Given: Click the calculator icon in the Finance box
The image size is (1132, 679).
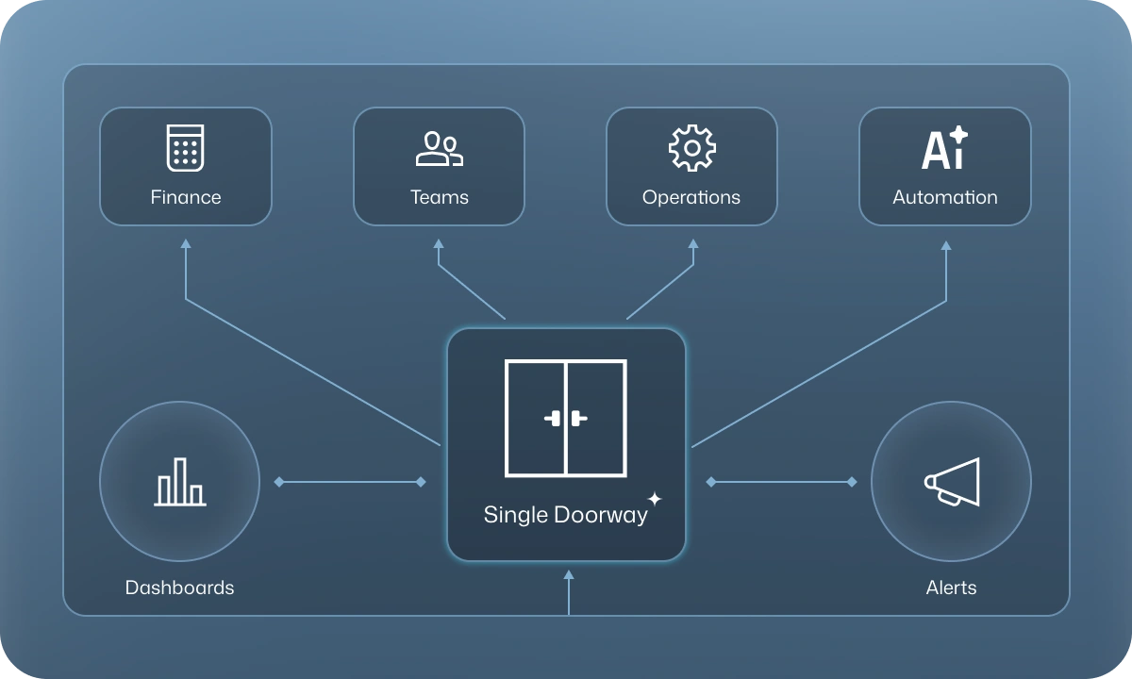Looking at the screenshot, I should pos(185,148).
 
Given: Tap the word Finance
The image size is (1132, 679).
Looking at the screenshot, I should pos(186,197).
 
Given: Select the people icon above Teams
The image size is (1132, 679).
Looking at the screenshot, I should pos(439,149).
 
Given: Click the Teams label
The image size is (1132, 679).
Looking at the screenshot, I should pos(440,197).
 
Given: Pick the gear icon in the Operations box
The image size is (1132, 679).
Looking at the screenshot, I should pos(691,148).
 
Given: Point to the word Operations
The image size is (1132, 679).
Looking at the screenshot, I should pos(691,197).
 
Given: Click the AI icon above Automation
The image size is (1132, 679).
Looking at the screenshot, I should pos(944,148).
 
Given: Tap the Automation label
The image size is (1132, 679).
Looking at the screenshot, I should pos(945,197).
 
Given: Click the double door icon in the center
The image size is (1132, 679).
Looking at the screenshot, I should pos(566,418).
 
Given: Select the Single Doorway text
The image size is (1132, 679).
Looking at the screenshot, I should pos(565,515).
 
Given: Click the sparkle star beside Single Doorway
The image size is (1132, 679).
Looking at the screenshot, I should pos(655,499).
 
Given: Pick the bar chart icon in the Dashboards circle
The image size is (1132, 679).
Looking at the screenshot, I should pos(179,482).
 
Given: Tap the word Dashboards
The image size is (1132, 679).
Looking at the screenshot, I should pos(179,588).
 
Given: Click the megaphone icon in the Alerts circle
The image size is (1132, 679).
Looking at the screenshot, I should pos(951,482).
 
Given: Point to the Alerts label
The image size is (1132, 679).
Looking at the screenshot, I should pos(951,588).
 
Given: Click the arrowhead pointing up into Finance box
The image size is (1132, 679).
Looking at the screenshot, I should pos(186,244).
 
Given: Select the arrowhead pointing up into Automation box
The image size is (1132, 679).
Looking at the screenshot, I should pos(946,245).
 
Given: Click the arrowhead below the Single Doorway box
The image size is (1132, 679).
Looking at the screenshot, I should pos(568,574).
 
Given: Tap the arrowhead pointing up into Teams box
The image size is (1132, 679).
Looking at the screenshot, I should pos(439,244).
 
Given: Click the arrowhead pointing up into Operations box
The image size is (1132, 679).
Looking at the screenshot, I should pos(693,244).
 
